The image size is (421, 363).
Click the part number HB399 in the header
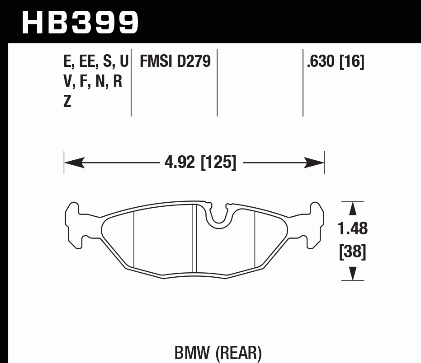tap(80, 21)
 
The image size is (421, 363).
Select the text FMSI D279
tap(175, 61)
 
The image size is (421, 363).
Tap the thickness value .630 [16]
tap(335, 61)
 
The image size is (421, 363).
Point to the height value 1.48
tap(353, 229)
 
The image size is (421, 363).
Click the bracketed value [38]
tap(353, 252)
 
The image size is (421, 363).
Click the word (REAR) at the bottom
tap(238, 353)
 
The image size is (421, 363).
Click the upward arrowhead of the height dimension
tap(353, 209)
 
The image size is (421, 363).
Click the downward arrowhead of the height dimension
tap(353, 274)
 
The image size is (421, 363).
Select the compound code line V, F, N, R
tap(93, 82)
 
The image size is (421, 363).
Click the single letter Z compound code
tap(67, 102)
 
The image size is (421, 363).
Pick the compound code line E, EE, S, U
tap(96, 61)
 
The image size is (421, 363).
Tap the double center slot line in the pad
tap(193, 239)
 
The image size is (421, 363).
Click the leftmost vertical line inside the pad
tap(134, 239)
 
